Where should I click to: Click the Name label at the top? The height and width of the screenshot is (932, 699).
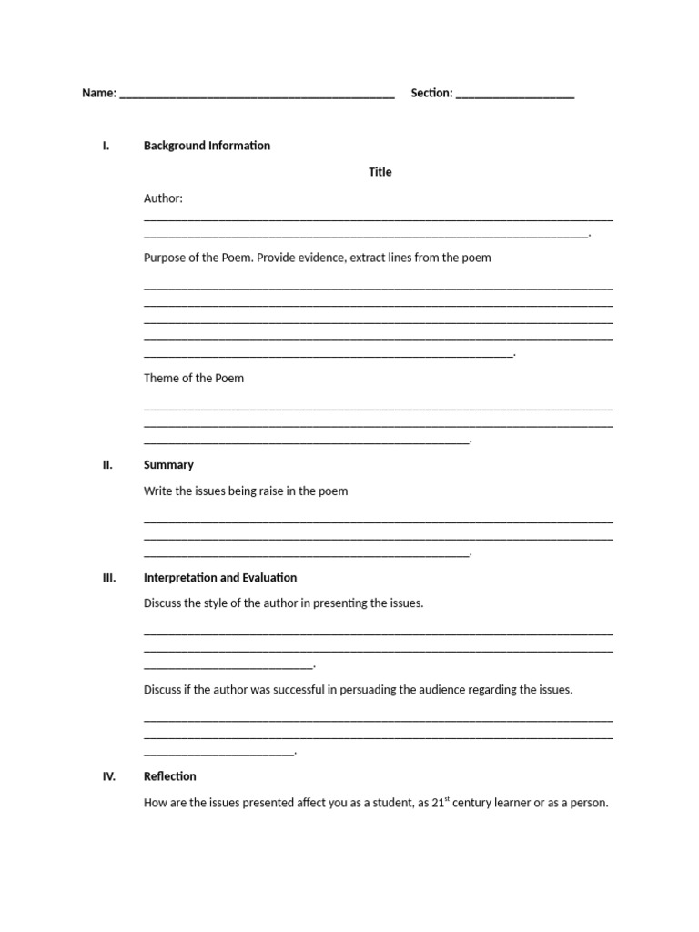tap(99, 93)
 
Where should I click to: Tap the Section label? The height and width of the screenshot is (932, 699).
tap(431, 93)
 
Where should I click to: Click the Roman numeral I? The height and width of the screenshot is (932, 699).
tap(106, 146)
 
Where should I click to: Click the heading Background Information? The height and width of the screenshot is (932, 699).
tap(207, 146)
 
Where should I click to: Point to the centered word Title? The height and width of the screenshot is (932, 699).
tap(380, 172)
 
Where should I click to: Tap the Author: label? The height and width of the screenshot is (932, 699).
tap(163, 198)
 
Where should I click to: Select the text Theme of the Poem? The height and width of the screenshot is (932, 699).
tap(194, 378)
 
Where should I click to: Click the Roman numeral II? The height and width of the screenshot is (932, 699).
tap(107, 465)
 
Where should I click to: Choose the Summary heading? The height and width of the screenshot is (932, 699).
tap(168, 465)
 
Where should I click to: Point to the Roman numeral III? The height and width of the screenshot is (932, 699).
tap(108, 578)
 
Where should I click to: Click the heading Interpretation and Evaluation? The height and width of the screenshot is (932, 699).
tap(220, 578)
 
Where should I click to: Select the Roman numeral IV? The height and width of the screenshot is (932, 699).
tap(108, 776)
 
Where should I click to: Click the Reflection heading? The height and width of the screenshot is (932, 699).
tap(169, 776)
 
